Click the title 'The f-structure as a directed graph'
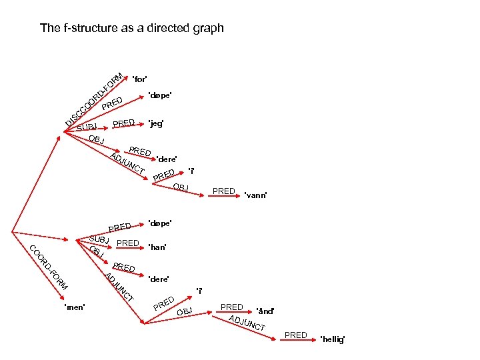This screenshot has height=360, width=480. point(131,28)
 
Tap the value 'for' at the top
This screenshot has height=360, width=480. point(140,79)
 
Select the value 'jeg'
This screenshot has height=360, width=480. point(157,124)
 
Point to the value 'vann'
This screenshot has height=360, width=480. point(255,195)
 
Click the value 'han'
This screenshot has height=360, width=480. point(159,247)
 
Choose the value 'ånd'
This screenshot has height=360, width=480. point(265,311)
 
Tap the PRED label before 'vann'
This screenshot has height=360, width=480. point(223,191)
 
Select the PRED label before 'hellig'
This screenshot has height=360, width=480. point(295,335)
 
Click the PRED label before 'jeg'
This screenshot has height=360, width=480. point(124,123)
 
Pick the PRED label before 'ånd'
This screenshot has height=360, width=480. point(231,307)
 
